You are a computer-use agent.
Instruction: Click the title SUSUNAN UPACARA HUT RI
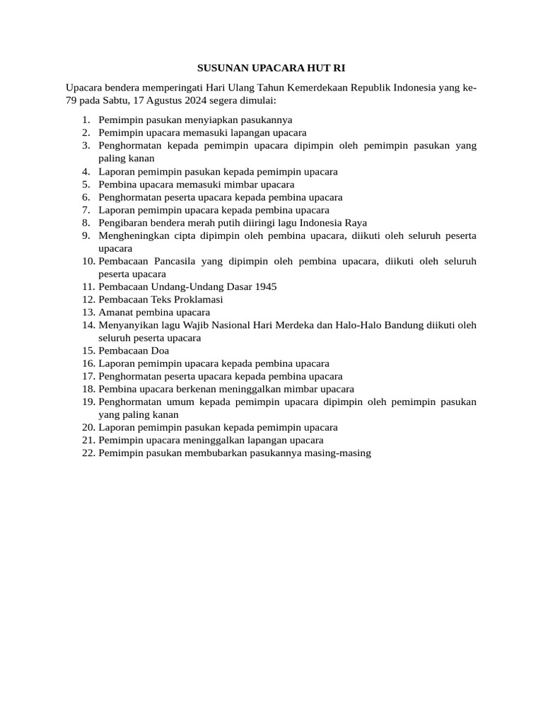[x=271, y=69]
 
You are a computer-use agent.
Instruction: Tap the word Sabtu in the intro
[x=122, y=100]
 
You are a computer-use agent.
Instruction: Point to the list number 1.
[x=86, y=120]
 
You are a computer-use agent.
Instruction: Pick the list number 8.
[x=86, y=223]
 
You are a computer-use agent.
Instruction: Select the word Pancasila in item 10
[x=176, y=261]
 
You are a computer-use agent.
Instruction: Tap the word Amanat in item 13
[x=115, y=313]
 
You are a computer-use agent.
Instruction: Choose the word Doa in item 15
[x=160, y=351]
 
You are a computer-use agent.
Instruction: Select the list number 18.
[x=88, y=389]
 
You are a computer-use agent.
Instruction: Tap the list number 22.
[x=88, y=453]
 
